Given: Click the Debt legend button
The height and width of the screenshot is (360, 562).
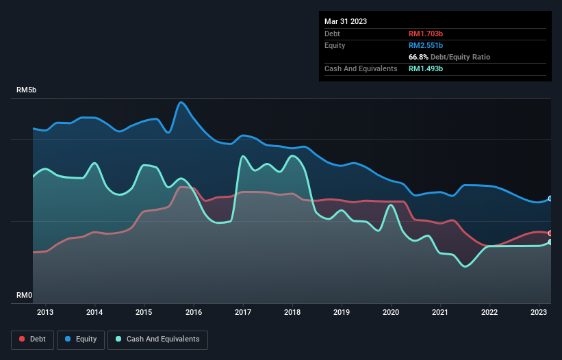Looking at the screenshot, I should pyautogui.click(x=32, y=339).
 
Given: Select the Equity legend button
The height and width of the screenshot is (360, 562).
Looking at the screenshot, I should pyautogui.click(x=81, y=339).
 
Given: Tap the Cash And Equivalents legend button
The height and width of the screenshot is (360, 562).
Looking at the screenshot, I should pyautogui.click(x=157, y=339).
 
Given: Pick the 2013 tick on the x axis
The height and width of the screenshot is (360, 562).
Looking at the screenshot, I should pyautogui.click(x=46, y=313).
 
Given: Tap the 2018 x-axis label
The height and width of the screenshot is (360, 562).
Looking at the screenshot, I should pyautogui.click(x=292, y=313).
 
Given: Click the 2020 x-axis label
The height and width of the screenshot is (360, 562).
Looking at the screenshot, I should pyautogui.click(x=391, y=313).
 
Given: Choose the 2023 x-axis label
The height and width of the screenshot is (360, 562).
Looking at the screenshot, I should pyautogui.click(x=539, y=313).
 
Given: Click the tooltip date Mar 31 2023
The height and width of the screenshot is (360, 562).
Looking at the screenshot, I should pyautogui.click(x=346, y=21).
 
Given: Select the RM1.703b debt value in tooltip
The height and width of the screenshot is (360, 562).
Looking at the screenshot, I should pyautogui.click(x=426, y=34).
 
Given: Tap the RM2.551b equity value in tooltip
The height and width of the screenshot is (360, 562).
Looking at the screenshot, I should pyautogui.click(x=426, y=45).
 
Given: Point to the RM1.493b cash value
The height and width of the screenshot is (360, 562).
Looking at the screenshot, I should pyautogui.click(x=426, y=68).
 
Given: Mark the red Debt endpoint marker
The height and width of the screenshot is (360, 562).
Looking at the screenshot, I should pyautogui.click(x=550, y=233).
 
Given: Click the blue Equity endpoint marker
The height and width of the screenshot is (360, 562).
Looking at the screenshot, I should pyautogui.click(x=550, y=198).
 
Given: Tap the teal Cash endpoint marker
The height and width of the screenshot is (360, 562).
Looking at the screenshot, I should pyautogui.click(x=550, y=242).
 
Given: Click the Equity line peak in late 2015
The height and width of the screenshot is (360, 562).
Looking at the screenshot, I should pyautogui.click(x=181, y=102).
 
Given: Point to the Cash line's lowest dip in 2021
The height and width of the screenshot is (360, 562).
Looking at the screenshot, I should pyautogui.click(x=465, y=266).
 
